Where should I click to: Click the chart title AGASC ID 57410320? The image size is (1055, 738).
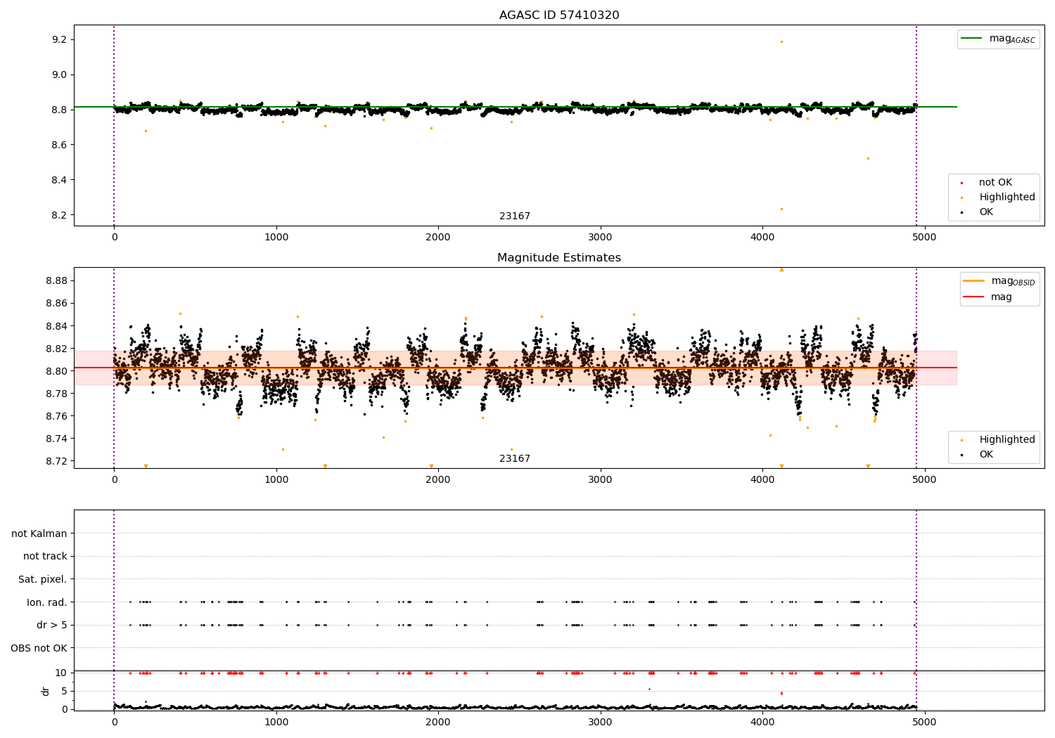tap(559, 15)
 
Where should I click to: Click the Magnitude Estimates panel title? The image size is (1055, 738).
tap(559, 257)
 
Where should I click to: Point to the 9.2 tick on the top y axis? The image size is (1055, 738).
tap(59, 39)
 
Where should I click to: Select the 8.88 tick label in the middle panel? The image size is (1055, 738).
tap(56, 280)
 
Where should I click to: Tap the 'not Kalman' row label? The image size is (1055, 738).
tap(39, 533)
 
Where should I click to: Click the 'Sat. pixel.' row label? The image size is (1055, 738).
tap(42, 579)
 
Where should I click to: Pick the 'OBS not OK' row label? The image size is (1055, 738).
tap(39, 648)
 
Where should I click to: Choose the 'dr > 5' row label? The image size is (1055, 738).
tap(52, 625)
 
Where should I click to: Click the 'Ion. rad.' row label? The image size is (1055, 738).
tap(46, 602)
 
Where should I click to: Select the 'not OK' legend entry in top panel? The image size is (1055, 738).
tap(995, 182)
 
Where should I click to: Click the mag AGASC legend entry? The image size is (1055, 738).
tap(998, 39)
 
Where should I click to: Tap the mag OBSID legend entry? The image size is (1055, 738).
tap(999, 281)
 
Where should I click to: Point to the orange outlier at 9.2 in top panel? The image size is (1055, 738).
tap(782, 42)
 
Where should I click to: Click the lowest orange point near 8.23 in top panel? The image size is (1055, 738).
tap(782, 209)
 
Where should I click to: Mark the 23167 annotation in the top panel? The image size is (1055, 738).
tap(515, 216)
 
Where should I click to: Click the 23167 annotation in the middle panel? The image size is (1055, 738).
tap(515, 458)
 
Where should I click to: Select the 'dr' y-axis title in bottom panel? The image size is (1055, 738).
tap(45, 691)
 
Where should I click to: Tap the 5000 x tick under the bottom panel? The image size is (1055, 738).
tap(924, 723)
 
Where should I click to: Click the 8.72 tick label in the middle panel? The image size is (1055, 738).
tap(56, 461)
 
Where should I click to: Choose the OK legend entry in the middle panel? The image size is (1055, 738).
tap(986, 454)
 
